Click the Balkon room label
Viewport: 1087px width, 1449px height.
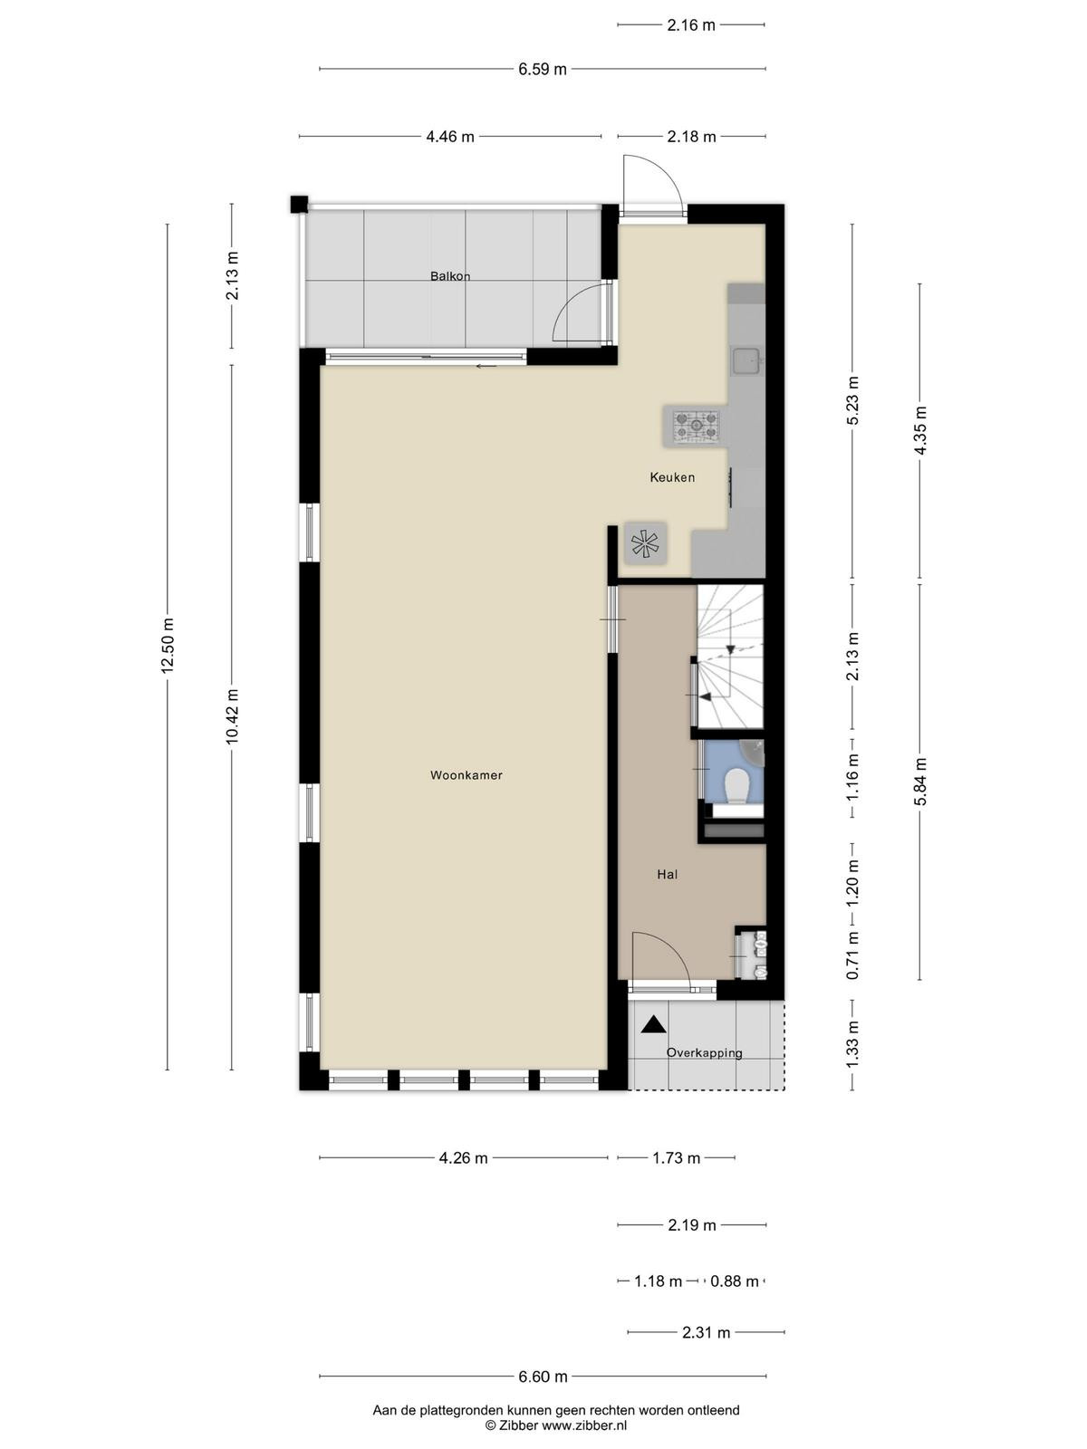coord(450,276)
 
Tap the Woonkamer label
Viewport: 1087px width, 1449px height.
coord(466,775)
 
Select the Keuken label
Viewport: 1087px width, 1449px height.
coord(672,477)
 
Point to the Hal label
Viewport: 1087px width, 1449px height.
coord(668,875)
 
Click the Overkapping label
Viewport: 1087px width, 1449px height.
coord(704,1053)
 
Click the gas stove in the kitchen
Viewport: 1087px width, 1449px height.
coord(696,425)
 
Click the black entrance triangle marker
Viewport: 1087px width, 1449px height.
coord(653,1024)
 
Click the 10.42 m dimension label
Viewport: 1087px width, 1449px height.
coord(232,716)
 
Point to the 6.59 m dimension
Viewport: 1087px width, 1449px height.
coord(543,70)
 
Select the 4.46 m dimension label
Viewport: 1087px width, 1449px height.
coord(450,137)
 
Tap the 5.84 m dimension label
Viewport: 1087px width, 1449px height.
coord(920,781)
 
